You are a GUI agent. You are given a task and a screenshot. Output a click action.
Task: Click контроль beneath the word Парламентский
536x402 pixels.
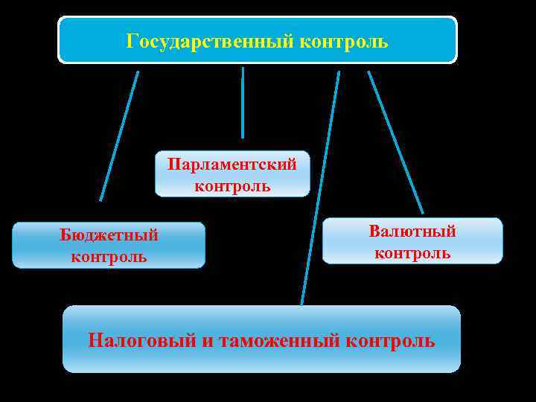[232, 186]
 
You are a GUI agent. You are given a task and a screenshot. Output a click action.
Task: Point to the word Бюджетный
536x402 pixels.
[109, 235]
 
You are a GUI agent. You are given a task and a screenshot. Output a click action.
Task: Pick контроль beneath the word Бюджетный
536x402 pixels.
[109, 257]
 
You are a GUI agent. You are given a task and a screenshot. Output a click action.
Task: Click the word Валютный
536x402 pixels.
[412, 232]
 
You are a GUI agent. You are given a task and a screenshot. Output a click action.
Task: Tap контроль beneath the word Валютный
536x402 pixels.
[412, 253]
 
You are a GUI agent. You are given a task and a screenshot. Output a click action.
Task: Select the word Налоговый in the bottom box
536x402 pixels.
[141, 341]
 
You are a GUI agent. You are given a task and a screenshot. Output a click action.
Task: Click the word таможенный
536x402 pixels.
[281, 341]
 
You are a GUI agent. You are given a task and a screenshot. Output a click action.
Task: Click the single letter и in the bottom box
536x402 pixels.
[205, 341]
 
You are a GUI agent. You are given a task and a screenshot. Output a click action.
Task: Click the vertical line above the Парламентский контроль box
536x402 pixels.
[243, 103]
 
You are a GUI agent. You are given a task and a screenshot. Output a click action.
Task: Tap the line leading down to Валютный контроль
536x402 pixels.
[395, 141]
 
